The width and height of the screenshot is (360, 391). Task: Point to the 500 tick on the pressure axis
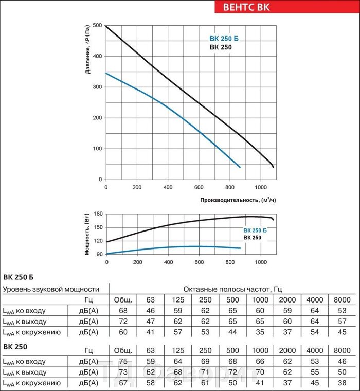(98, 26)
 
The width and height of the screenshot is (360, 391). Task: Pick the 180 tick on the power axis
(99, 214)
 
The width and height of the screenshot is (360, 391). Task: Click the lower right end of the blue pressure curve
(240, 167)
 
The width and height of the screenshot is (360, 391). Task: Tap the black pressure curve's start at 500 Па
(106, 26)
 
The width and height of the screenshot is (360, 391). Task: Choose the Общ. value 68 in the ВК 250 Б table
(123, 311)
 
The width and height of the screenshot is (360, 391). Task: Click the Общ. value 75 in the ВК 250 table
(123, 362)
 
